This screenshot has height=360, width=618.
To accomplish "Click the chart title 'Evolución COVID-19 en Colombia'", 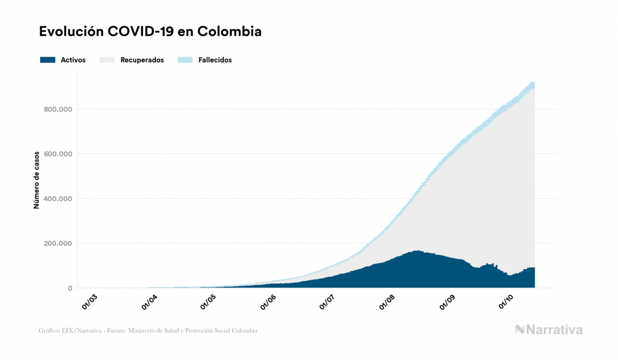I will pyautogui.click(x=150, y=32).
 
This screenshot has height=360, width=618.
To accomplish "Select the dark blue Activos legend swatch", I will pyautogui.click(x=48, y=60).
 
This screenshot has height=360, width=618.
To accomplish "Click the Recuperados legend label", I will pyautogui.click(x=142, y=60).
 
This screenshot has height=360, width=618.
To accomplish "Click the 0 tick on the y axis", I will pyautogui.click(x=69, y=288).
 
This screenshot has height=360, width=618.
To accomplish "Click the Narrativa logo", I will pyautogui.click(x=548, y=330).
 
